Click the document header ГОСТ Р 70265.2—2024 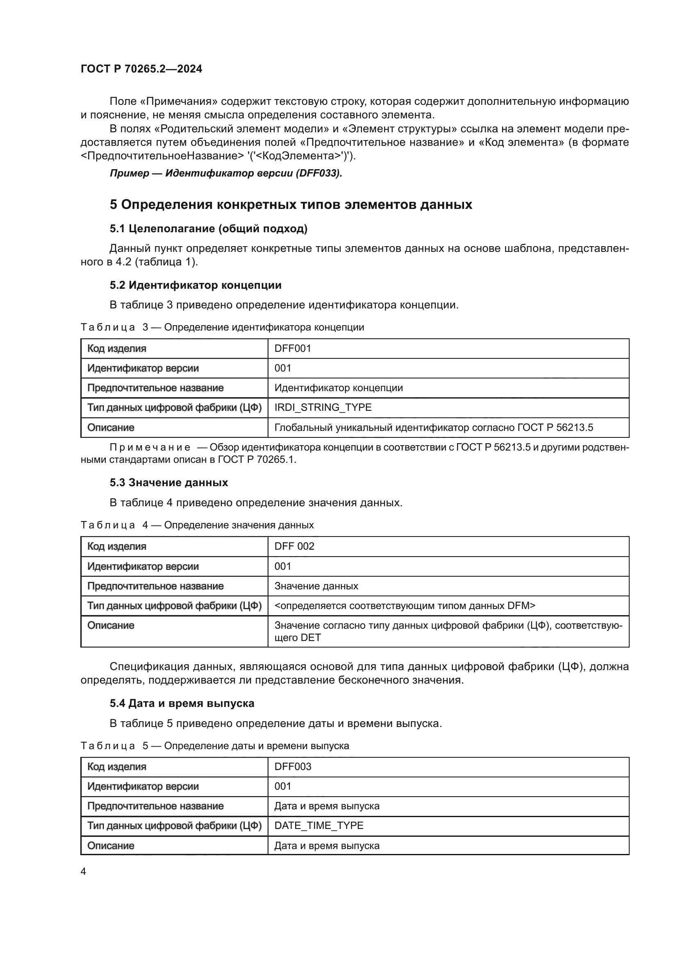point(141,69)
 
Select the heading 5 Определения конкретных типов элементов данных point(291,204)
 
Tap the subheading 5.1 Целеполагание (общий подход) point(208,229)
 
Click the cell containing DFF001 point(293,349)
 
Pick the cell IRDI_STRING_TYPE point(323,407)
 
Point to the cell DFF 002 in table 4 point(294,546)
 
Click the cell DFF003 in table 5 point(293,766)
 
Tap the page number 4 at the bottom point(83,871)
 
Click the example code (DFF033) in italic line point(318,173)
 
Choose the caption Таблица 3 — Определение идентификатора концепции point(222,327)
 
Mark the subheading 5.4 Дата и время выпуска point(182,704)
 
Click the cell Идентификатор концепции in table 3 point(338,387)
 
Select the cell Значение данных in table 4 point(316,586)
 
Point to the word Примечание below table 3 point(150,447)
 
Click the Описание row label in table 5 point(111,845)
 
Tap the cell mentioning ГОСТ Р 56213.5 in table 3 point(433,427)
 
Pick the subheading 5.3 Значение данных point(168,483)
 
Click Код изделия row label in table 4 point(116,546)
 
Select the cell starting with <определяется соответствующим point(404,605)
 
